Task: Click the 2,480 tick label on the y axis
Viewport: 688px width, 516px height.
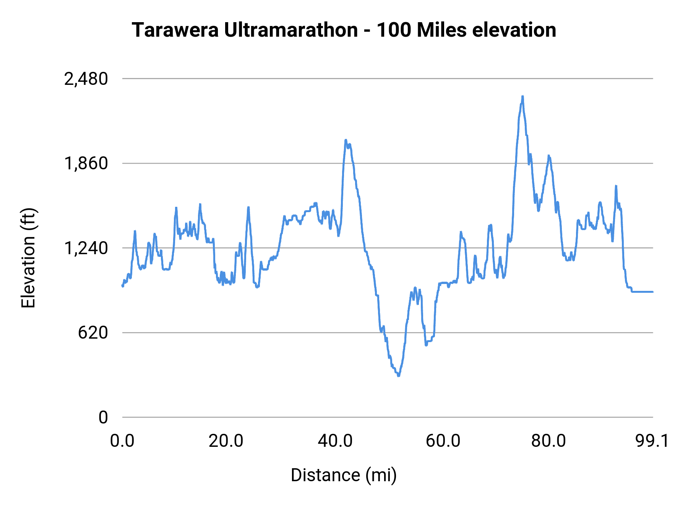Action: pyautogui.click(x=86, y=79)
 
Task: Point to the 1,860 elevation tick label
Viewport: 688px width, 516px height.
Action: pyautogui.click(x=86, y=164)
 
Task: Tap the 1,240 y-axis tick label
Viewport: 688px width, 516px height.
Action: pyautogui.click(x=86, y=248)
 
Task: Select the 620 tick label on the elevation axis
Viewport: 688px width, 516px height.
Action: pyautogui.click(x=93, y=333)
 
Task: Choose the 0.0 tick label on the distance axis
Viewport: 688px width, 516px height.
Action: pyautogui.click(x=122, y=441)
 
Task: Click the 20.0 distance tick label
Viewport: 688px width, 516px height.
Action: pyautogui.click(x=226, y=441)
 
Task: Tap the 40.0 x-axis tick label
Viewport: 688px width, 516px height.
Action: pyautogui.click(x=335, y=441)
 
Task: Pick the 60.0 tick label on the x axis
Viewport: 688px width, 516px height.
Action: pyautogui.click(x=443, y=441)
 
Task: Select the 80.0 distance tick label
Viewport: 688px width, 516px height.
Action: pyautogui.click(x=548, y=441)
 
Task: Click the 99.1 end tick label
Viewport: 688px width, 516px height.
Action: pyautogui.click(x=652, y=441)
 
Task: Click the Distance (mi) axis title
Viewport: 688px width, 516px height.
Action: pyautogui.click(x=344, y=475)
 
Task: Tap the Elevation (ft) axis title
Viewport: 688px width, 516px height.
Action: pyautogui.click(x=28, y=258)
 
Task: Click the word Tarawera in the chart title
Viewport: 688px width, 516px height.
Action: pyautogui.click(x=175, y=30)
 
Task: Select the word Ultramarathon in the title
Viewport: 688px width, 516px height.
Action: pyautogui.click(x=291, y=30)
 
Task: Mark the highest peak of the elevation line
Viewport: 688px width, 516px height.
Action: pyautogui.click(x=522, y=97)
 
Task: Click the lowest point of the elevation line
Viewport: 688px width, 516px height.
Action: pyautogui.click(x=398, y=376)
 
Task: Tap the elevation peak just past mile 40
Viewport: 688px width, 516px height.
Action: pyautogui.click(x=346, y=140)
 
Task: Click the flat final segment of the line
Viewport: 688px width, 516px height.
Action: pyautogui.click(x=642, y=292)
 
